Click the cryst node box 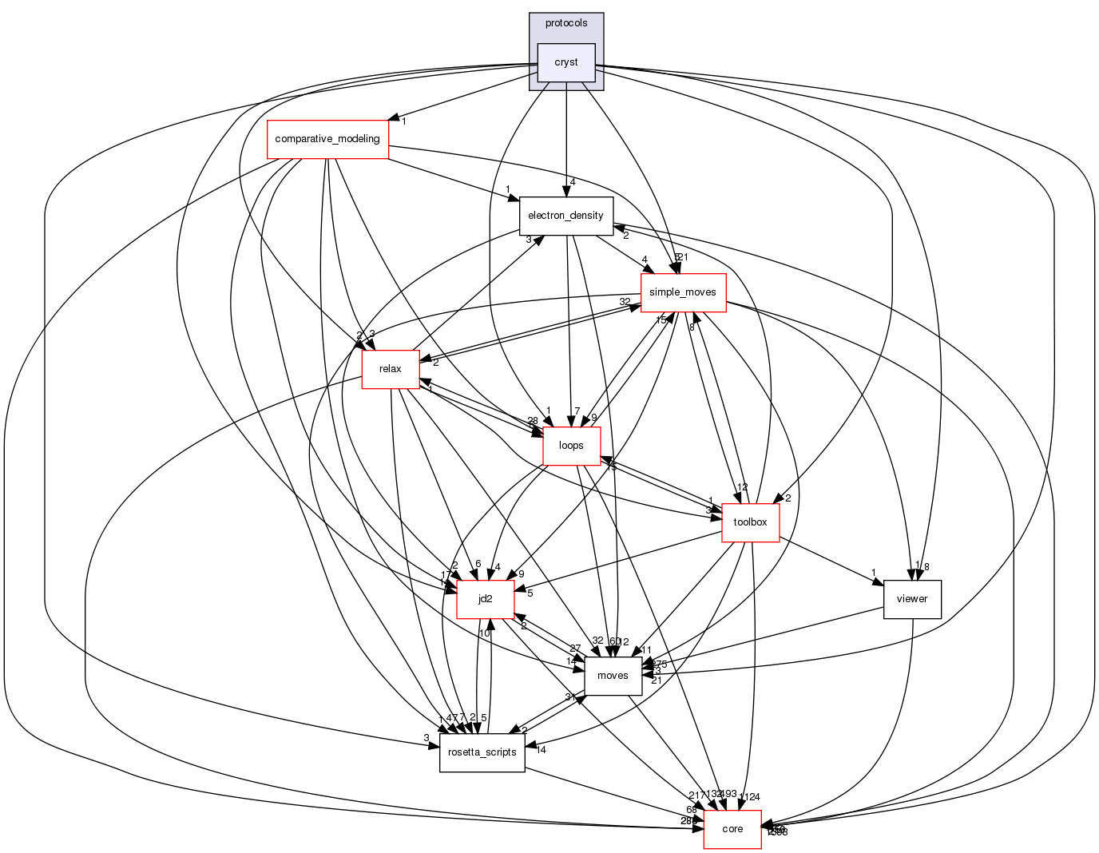pyautogui.click(x=566, y=62)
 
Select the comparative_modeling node pyautogui.click(x=327, y=139)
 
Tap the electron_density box pyautogui.click(x=566, y=216)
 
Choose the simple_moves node pyautogui.click(x=683, y=292)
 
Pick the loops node pyautogui.click(x=571, y=446)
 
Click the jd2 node pyautogui.click(x=485, y=599)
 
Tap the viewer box pyautogui.click(x=912, y=599)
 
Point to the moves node pyautogui.click(x=613, y=676)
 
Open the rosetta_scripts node pyautogui.click(x=482, y=752)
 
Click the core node pyautogui.click(x=732, y=829)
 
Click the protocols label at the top pyautogui.click(x=566, y=23)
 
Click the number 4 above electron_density pyautogui.click(x=573, y=182)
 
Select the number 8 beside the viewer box pyautogui.click(x=926, y=567)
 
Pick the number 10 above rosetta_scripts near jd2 pyautogui.click(x=484, y=633)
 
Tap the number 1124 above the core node pyautogui.click(x=750, y=796)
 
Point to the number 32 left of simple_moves pyautogui.click(x=625, y=301)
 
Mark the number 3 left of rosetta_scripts pyautogui.click(x=427, y=738)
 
